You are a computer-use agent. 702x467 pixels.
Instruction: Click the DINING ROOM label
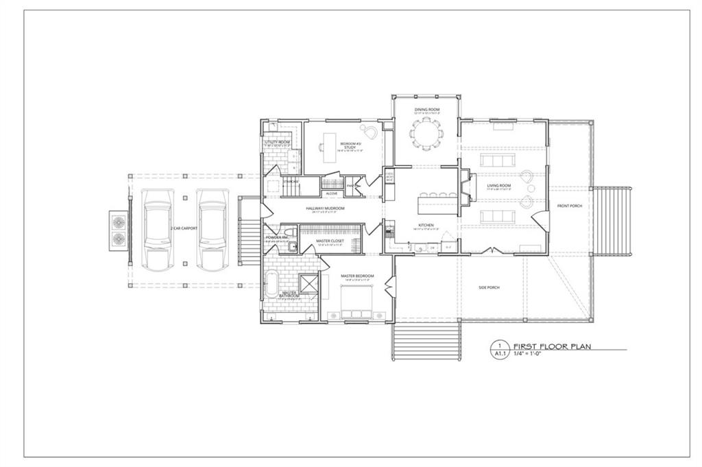click(x=426, y=109)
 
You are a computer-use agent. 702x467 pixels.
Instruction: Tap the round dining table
click(x=426, y=134)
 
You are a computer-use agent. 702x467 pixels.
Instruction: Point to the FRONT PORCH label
click(x=569, y=206)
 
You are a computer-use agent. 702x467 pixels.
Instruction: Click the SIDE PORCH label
click(x=489, y=287)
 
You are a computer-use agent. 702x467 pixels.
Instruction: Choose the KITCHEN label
click(x=426, y=225)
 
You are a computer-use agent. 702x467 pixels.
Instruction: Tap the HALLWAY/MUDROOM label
click(x=324, y=208)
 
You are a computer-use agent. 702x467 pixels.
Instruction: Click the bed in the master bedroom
click(x=356, y=302)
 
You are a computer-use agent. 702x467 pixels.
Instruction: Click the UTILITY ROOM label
click(x=278, y=142)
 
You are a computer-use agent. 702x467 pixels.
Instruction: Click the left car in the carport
click(x=157, y=228)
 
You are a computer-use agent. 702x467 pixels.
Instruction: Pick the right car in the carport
click(x=212, y=228)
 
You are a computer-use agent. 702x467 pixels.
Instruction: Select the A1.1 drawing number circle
click(x=500, y=350)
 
